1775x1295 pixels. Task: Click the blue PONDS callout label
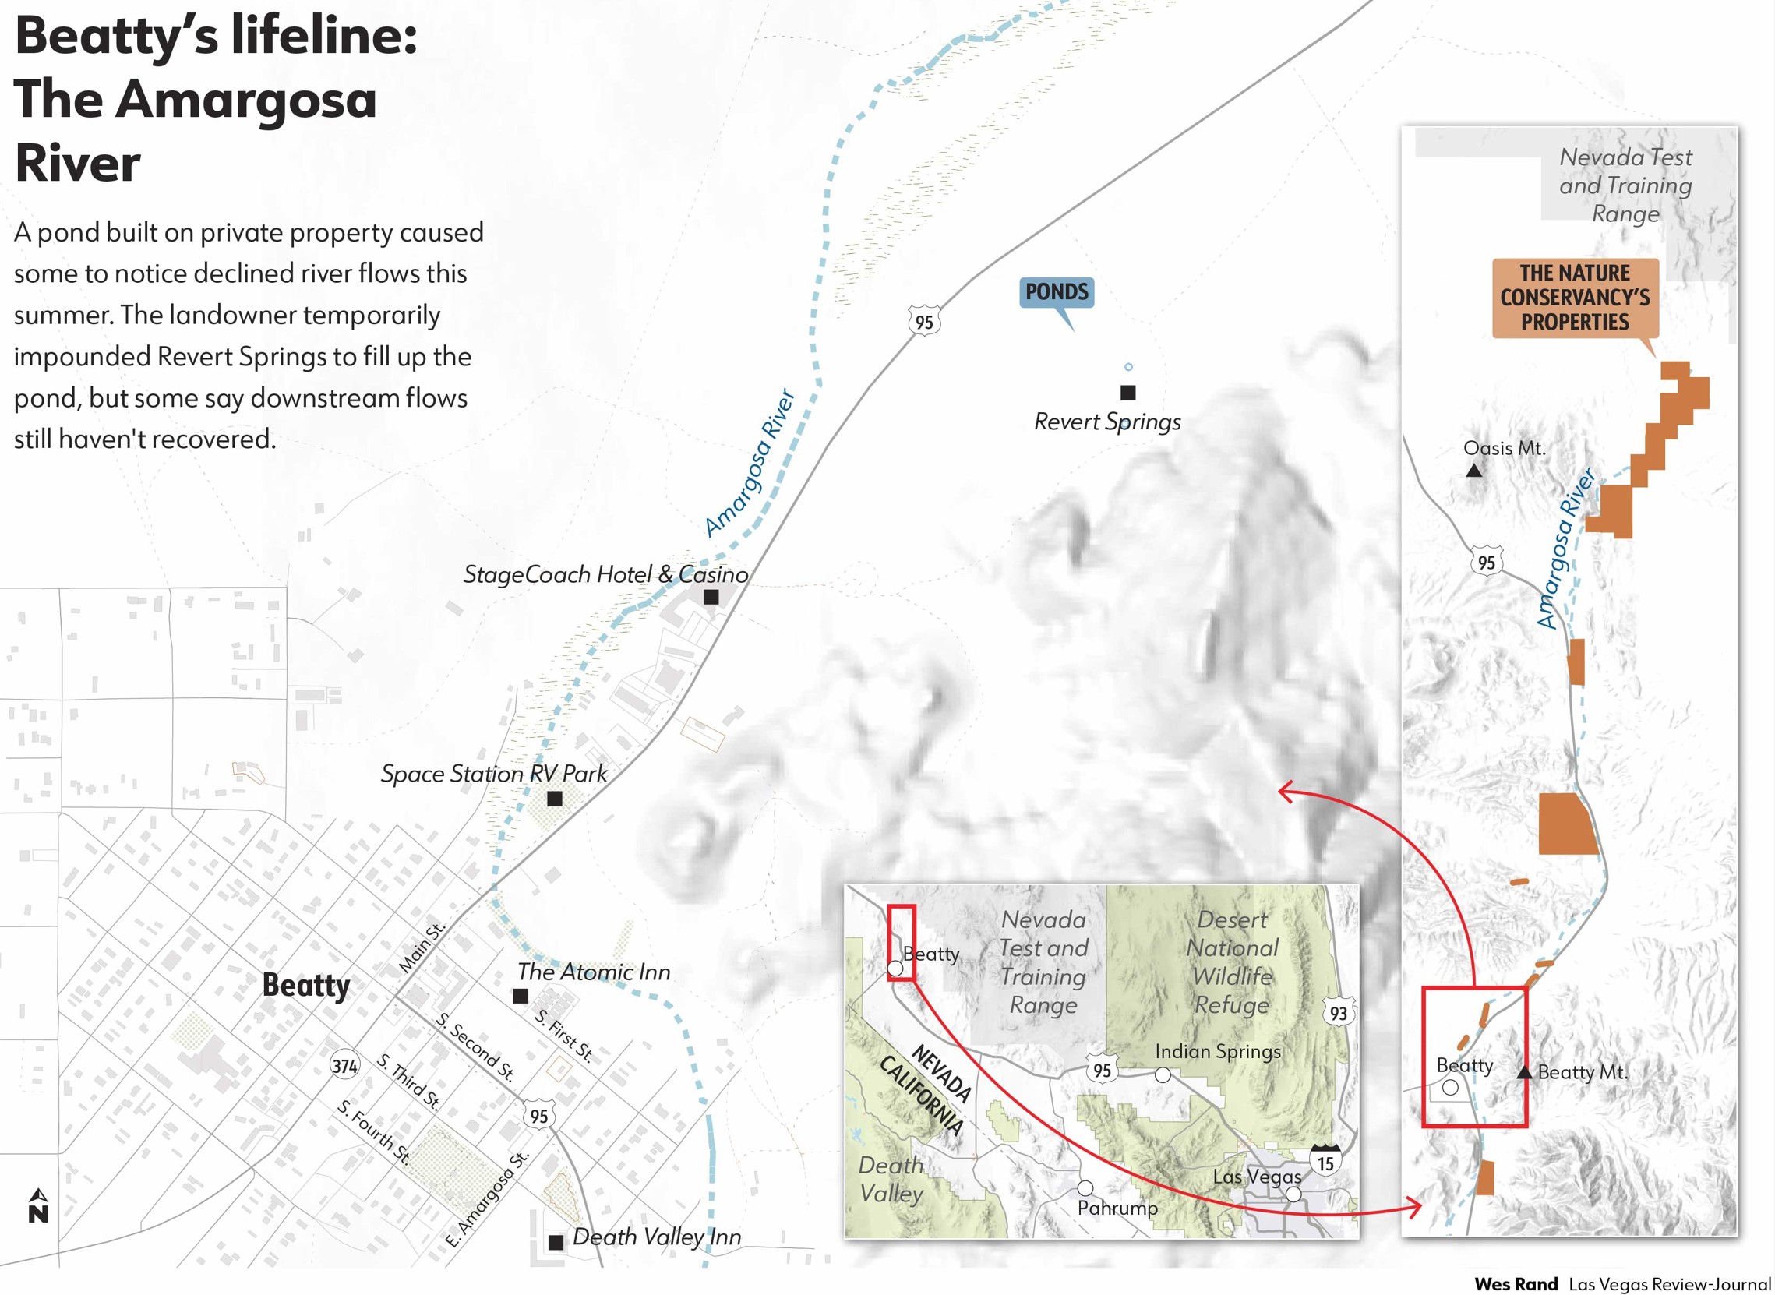point(1056,292)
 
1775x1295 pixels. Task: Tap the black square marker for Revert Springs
point(1127,392)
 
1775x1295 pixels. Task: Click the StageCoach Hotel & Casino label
point(605,574)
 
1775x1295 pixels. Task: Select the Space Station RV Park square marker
point(554,799)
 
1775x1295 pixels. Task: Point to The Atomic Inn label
point(594,972)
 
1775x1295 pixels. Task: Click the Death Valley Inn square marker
point(555,1242)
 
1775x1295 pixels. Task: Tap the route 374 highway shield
point(345,1066)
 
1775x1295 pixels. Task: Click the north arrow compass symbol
point(37,1206)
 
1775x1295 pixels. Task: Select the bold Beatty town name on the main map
point(305,986)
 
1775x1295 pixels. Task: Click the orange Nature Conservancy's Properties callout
point(1574,298)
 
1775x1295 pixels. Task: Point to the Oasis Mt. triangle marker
point(1474,471)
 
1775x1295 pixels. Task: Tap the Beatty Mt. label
point(1582,1072)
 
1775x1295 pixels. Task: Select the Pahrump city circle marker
point(1085,1188)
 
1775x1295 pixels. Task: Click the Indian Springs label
point(1218,1051)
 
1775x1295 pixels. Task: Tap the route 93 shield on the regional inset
point(1339,1013)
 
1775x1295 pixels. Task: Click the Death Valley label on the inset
point(891,1180)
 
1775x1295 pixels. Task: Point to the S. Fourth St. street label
point(374,1132)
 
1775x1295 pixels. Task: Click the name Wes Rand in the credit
point(1516,1284)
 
